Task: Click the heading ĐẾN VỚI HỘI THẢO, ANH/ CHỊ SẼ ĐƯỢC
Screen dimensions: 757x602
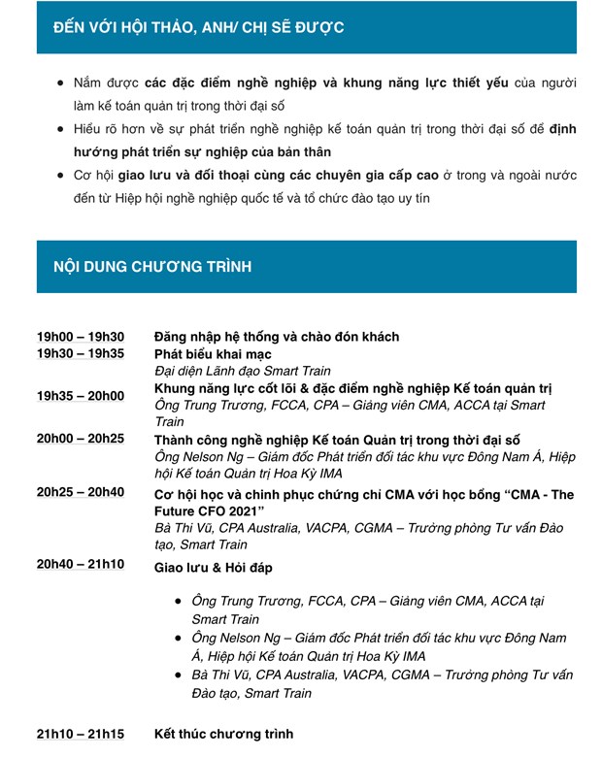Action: pos(199,27)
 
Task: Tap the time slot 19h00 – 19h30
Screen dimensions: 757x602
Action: pos(81,337)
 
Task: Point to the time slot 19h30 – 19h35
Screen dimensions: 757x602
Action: pos(81,353)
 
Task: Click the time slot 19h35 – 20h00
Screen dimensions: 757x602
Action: pos(81,396)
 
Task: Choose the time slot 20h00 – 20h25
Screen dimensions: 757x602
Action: pos(81,439)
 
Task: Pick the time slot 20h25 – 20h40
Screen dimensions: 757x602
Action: pos(81,492)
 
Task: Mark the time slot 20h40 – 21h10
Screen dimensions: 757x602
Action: pos(81,565)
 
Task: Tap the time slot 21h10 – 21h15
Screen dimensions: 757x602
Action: pos(81,734)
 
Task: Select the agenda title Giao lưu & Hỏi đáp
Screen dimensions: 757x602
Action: pos(214,567)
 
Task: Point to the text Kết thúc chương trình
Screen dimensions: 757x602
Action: pos(223,734)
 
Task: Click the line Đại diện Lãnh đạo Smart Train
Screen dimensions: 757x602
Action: pos(243,371)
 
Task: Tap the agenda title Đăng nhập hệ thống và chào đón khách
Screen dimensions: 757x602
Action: pos(277,337)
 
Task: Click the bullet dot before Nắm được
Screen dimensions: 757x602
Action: pos(61,84)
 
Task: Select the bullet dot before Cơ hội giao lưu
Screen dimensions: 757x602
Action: pos(61,176)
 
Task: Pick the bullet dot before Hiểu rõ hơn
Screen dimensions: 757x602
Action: pos(61,129)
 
